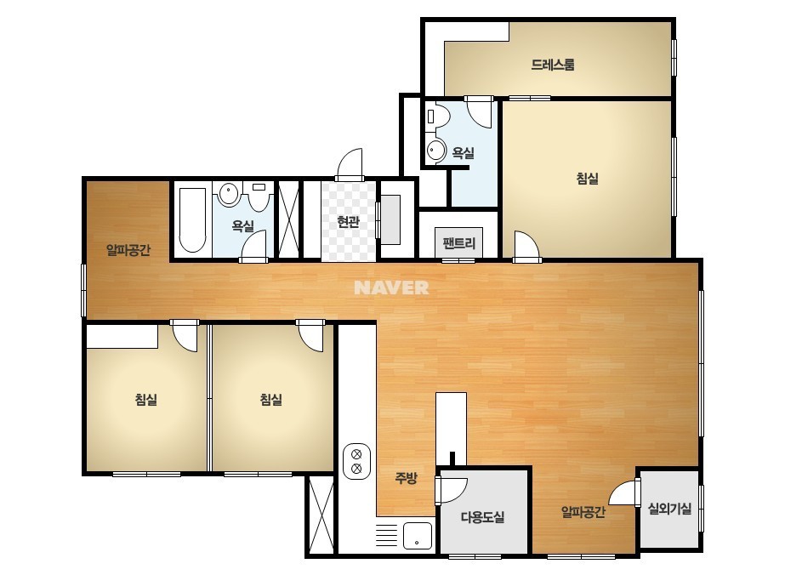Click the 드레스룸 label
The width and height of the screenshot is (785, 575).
[x=553, y=65]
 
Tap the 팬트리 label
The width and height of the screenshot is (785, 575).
[x=458, y=243]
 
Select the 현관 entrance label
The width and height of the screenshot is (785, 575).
[x=348, y=221]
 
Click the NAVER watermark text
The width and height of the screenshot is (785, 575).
[x=391, y=287]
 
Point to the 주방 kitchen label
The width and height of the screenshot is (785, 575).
[x=406, y=478]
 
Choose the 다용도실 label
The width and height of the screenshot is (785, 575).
[x=482, y=517]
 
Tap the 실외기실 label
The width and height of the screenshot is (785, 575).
[x=670, y=509]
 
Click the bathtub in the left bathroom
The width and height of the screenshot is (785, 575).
[x=193, y=220]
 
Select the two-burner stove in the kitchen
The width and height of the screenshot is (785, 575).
[x=357, y=461]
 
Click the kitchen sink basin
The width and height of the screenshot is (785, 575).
[x=418, y=536]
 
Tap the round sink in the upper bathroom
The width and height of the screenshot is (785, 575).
[x=436, y=151]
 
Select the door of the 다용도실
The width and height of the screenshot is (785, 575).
[x=452, y=490]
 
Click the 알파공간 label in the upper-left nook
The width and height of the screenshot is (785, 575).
[x=128, y=249]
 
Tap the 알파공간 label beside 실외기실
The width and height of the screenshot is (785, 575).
[x=583, y=512]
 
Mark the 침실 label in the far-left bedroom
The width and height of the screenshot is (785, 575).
[x=146, y=399]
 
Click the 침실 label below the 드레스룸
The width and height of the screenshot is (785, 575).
[x=588, y=179]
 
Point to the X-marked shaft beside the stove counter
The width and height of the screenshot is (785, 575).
[x=321, y=515]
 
